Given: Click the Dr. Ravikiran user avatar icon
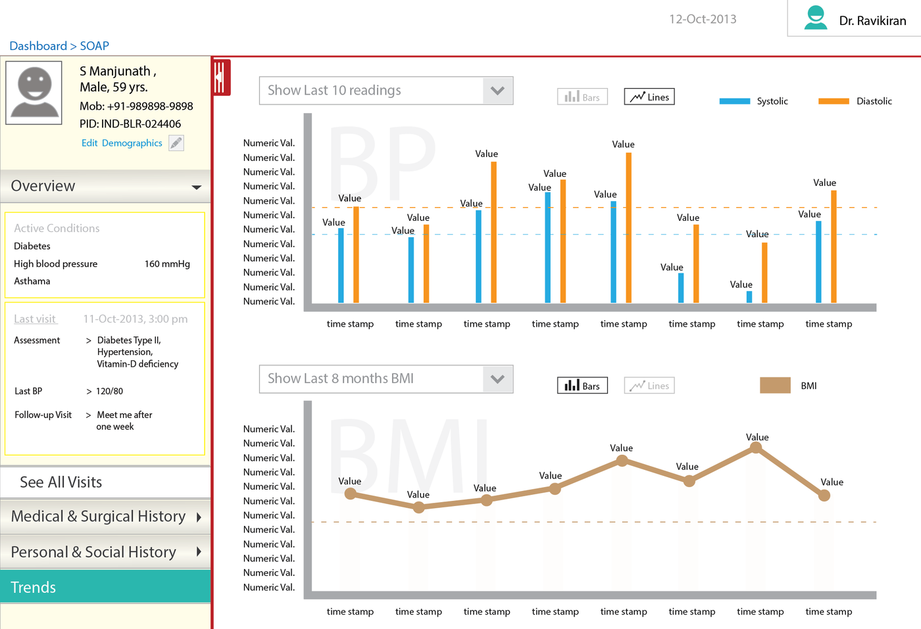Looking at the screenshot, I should point(816,18).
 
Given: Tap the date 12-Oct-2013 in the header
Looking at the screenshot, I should point(703,19).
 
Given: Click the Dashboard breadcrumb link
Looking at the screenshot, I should point(38,46).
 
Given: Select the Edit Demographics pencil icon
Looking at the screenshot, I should point(176,143).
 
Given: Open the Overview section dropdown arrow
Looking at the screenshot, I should point(196,187).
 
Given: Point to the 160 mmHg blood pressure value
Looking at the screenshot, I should point(167,264).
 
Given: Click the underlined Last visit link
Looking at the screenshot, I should point(36,319).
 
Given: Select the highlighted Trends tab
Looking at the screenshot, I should point(105,587).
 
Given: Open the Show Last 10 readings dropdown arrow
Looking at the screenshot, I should point(497,91).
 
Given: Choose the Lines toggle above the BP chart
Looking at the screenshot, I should point(649,97).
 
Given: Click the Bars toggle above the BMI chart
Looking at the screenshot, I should point(582,386).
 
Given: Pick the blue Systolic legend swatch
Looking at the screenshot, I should point(734,101).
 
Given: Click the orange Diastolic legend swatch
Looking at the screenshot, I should point(834,101).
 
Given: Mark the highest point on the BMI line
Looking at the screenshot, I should point(757,448).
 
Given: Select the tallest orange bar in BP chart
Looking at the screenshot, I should point(629,227).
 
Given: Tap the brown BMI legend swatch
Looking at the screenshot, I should point(775,386).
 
